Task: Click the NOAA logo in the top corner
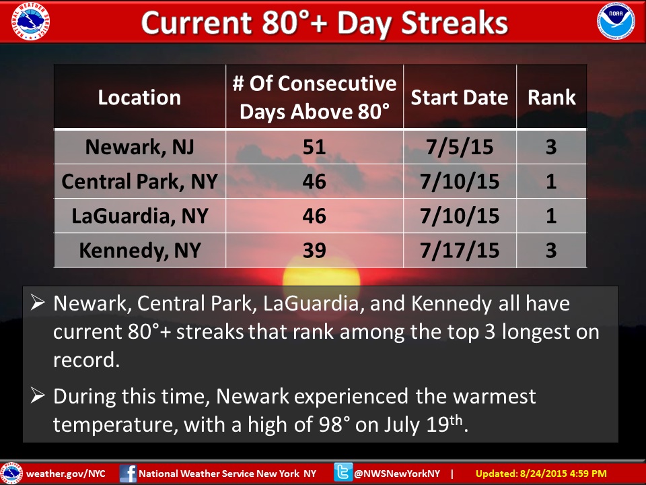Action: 616,21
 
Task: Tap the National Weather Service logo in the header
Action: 30,21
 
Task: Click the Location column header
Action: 140,97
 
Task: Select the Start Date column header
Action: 460,97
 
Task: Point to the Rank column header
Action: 552,97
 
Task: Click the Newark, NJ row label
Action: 140,147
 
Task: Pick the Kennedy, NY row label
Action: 140,250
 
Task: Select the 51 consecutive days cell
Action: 314,147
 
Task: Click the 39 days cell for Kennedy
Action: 314,250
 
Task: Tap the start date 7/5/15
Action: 460,148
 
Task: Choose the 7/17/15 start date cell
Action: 460,251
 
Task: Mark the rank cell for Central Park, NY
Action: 551,181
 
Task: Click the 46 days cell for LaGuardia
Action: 314,216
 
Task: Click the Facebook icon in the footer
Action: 128,473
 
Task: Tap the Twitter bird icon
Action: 343,473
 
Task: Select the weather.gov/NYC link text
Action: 66,474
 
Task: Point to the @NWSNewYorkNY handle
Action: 397,474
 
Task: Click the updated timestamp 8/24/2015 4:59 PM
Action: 563,474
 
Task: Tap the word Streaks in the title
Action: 454,22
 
